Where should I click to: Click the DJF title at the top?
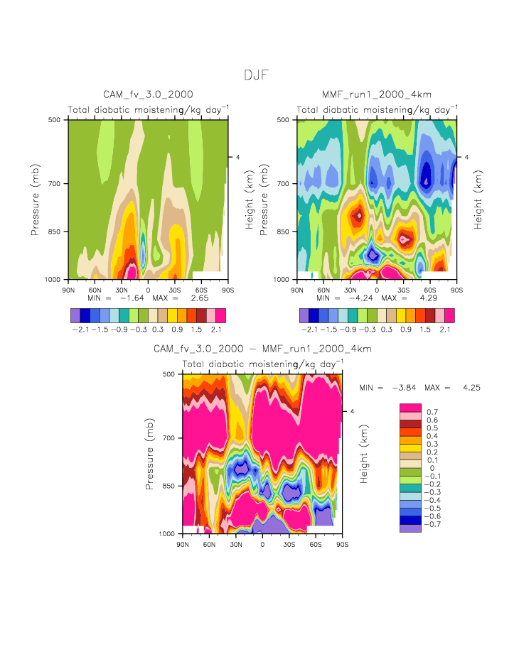pyautogui.click(x=256, y=75)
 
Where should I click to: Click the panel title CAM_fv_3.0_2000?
pyautogui.click(x=148, y=94)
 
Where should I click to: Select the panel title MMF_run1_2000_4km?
pyautogui.click(x=377, y=94)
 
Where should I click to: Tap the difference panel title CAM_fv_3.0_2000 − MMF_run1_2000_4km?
pyautogui.click(x=262, y=349)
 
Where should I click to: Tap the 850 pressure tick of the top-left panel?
pyautogui.click(x=56, y=232)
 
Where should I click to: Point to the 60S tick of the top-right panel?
pyautogui.click(x=430, y=290)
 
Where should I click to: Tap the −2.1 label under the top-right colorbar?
pyautogui.click(x=309, y=330)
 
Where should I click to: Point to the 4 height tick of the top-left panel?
pyautogui.click(x=237, y=157)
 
